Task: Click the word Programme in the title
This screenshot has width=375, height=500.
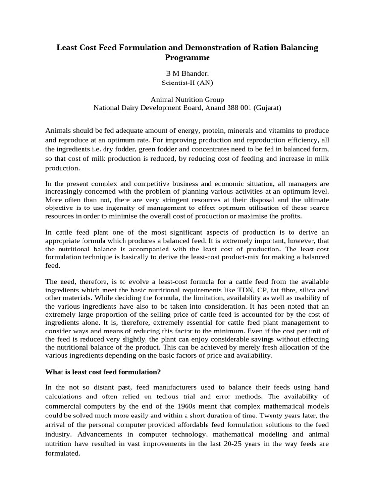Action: [x=187, y=58]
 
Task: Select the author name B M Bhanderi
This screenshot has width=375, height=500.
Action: [x=187, y=73]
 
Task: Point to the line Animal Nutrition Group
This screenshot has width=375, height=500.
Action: [x=187, y=99]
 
